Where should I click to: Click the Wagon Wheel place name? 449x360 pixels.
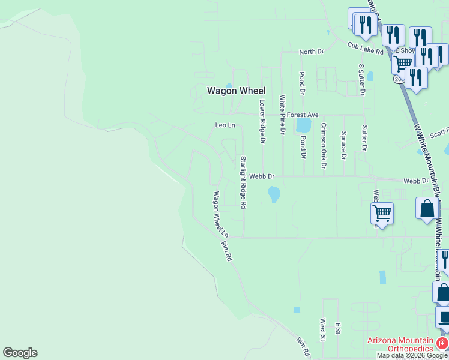(x=236, y=91)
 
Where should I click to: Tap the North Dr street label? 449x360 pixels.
(x=312, y=52)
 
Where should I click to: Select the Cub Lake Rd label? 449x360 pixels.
(x=365, y=47)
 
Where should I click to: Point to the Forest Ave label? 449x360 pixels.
(x=303, y=115)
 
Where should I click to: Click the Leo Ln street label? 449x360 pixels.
(x=225, y=125)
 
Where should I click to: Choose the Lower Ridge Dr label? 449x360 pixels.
(x=262, y=122)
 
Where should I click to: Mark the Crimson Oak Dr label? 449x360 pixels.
(x=324, y=145)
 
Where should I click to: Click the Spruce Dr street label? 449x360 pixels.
(x=343, y=146)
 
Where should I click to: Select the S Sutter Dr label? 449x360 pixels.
(x=362, y=80)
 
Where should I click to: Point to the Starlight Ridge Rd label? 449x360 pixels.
(x=243, y=182)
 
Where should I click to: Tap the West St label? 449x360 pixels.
(x=323, y=330)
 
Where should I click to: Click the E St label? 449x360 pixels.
(x=338, y=328)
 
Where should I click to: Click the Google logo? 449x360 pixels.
(x=20, y=353)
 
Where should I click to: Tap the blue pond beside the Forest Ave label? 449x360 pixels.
(x=303, y=125)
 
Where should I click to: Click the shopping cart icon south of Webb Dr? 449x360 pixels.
(x=382, y=213)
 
